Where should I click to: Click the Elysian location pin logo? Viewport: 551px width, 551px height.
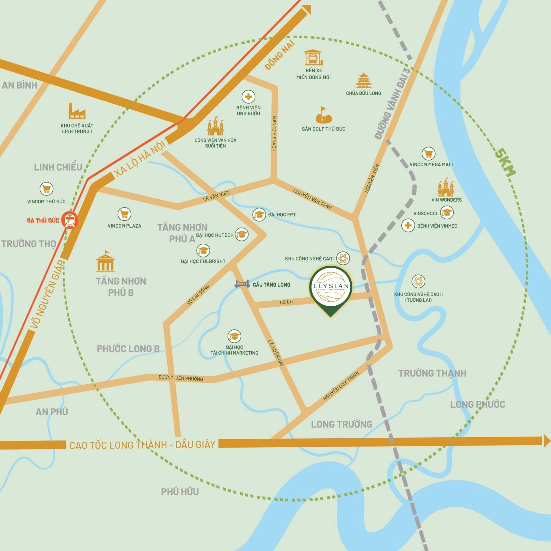coord(330,288)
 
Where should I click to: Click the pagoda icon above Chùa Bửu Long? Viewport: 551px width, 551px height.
coord(363,81)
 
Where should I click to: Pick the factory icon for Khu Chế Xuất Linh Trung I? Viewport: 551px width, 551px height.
coord(77,111)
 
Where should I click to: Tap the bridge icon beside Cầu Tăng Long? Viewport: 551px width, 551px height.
coord(242,284)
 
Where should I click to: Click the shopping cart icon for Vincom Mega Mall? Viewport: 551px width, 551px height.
coord(428,154)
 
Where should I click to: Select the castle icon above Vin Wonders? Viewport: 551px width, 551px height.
coord(446,187)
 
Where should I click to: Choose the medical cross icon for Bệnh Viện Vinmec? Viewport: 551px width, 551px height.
coord(408,226)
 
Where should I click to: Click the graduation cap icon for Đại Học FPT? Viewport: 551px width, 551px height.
coord(259,214)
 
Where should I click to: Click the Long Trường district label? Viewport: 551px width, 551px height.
coord(342,424)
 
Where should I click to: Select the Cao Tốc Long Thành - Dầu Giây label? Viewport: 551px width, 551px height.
coord(142,445)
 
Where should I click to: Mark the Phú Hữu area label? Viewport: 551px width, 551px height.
coord(180,492)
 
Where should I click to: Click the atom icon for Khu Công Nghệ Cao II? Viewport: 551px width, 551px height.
coord(418,282)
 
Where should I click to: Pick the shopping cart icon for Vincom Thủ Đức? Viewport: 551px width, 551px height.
coord(46,189)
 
